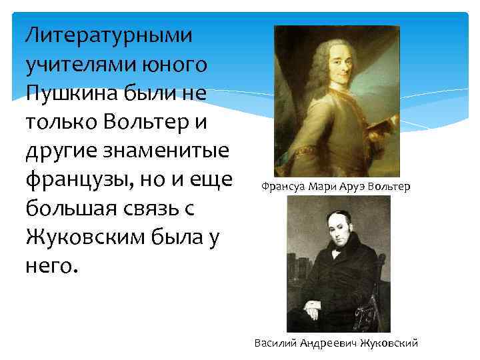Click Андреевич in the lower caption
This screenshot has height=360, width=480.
pyautogui.click(x=325, y=343)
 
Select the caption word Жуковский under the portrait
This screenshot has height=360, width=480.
pyautogui.click(x=389, y=343)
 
